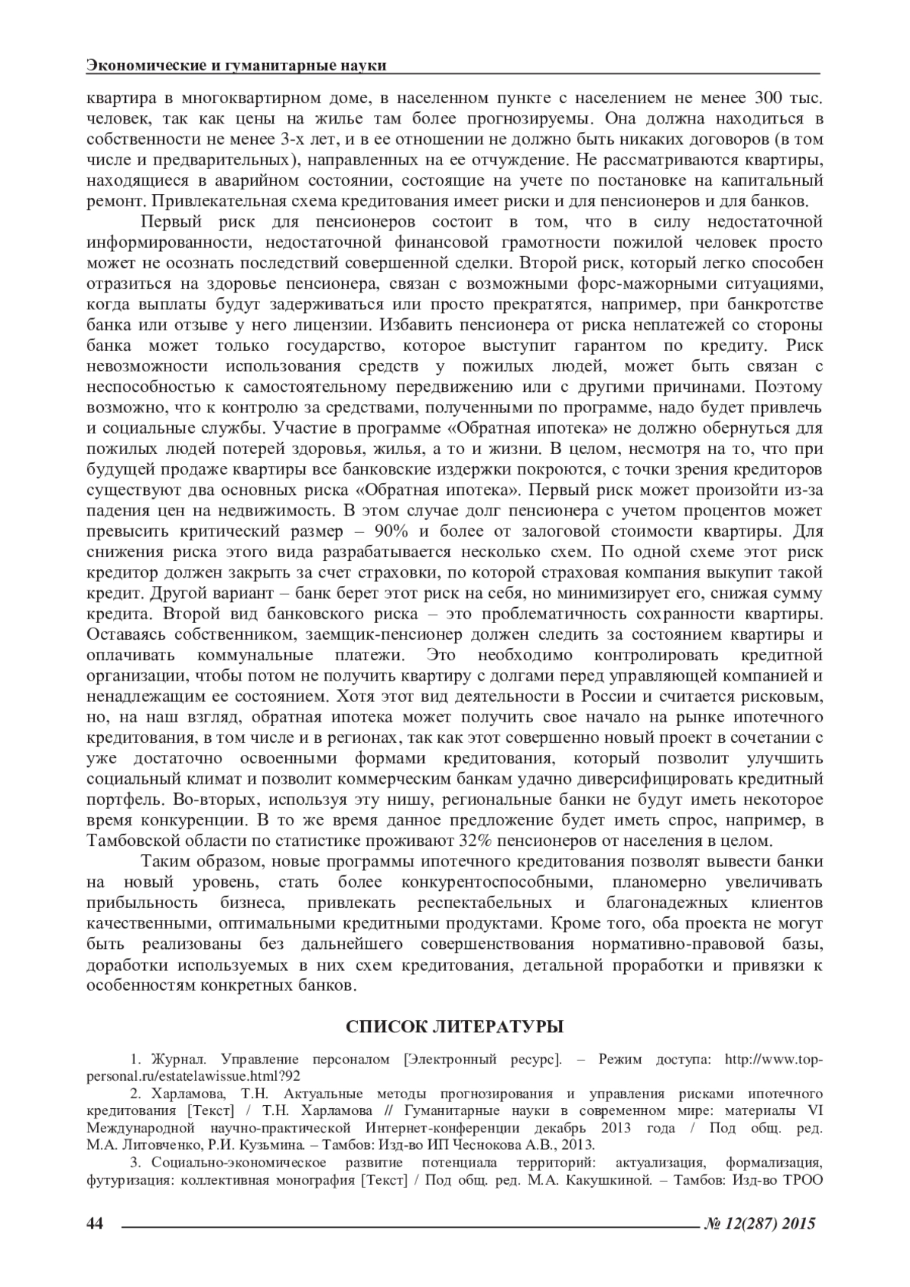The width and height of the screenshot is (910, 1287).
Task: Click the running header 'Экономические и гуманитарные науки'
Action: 236,66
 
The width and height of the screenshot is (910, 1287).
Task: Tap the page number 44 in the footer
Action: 96,1223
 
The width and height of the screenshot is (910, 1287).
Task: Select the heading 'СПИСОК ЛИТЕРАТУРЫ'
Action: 455,1028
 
